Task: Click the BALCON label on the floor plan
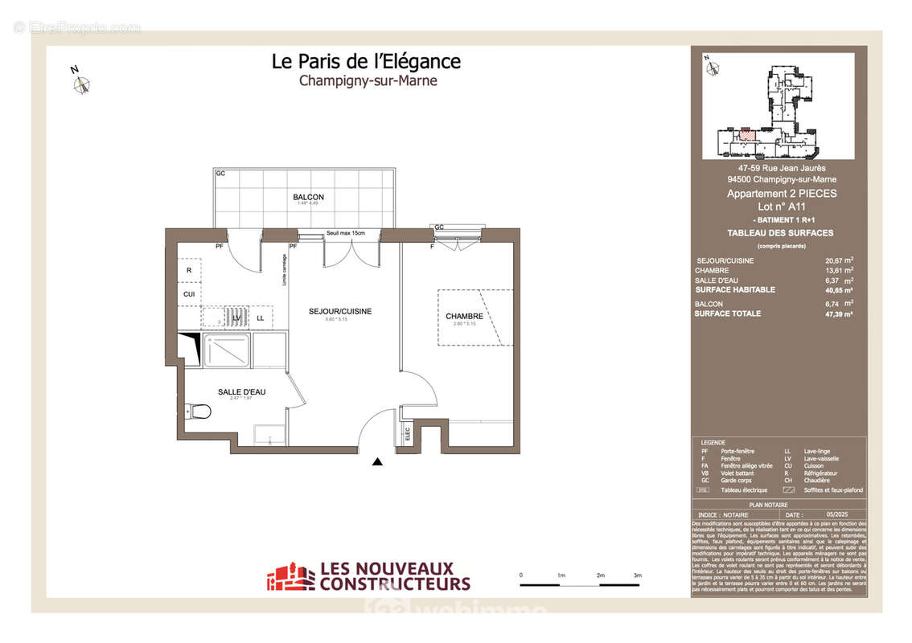[x=308, y=197]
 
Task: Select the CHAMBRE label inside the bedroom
[x=464, y=316]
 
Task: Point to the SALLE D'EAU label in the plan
[x=241, y=391]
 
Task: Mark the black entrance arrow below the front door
[x=377, y=461]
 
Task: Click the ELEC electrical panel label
[x=408, y=434]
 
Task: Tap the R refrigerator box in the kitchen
[x=189, y=271]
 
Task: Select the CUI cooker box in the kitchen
[x=189, y=294]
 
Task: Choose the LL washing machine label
[x=260, y=318]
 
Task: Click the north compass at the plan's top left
[x=82, y=84]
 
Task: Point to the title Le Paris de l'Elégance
[x=366, y=61]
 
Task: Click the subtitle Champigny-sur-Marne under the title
[x=368, y=80]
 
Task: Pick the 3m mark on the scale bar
[x=637, y=575]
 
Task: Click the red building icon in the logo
[x=290, y=576]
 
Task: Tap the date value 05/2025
[x=836, y=514]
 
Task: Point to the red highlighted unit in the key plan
[x=748, y=136]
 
